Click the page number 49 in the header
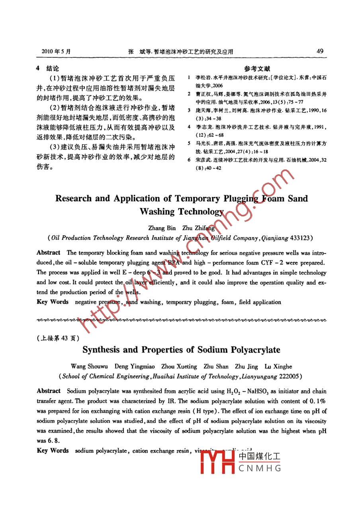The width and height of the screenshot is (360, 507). [320, 51]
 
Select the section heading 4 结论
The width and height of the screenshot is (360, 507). [47, 69]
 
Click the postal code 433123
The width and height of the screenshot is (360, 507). [300, 238]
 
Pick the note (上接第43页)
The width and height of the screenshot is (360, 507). [58, 338]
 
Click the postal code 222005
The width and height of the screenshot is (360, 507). [291, 376]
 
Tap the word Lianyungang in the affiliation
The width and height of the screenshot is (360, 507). [260, 376]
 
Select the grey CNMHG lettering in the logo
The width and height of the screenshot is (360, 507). [260, 468]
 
